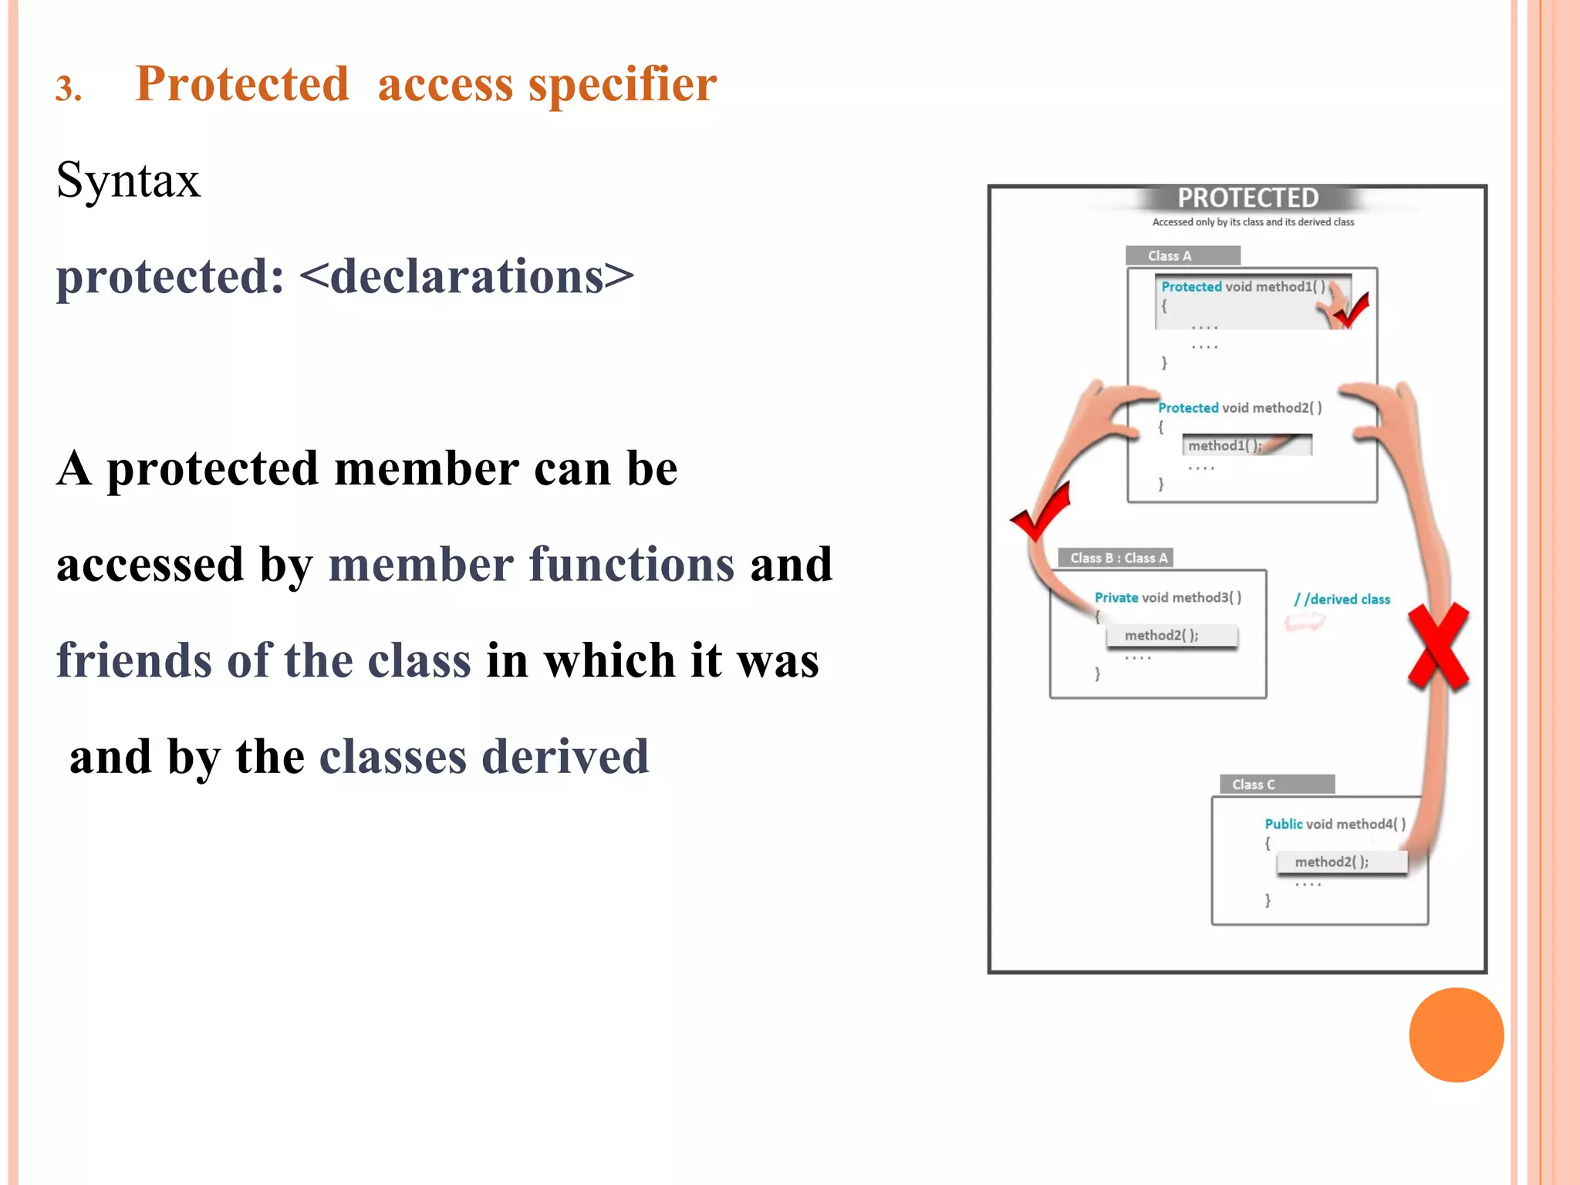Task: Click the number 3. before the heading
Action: coord(69,89)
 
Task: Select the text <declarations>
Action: coord(466,276)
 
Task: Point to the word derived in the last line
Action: coord(565,757)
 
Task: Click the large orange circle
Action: coord(1456,1035)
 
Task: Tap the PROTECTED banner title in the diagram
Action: coord(1247,198)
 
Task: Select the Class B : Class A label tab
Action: coord(1118,558)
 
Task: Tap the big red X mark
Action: coord(1438,647)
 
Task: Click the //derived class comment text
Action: coord(1342,599)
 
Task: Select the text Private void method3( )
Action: coord(1167,597)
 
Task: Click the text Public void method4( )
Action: coord(1335,824)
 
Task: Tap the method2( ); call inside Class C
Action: coord(1331,862)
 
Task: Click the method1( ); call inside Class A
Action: coord(1224,445)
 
